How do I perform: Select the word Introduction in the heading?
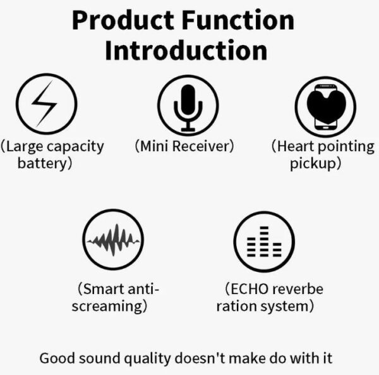point(186,51)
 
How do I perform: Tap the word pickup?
point(315,163)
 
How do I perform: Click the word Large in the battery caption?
point(23,147)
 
